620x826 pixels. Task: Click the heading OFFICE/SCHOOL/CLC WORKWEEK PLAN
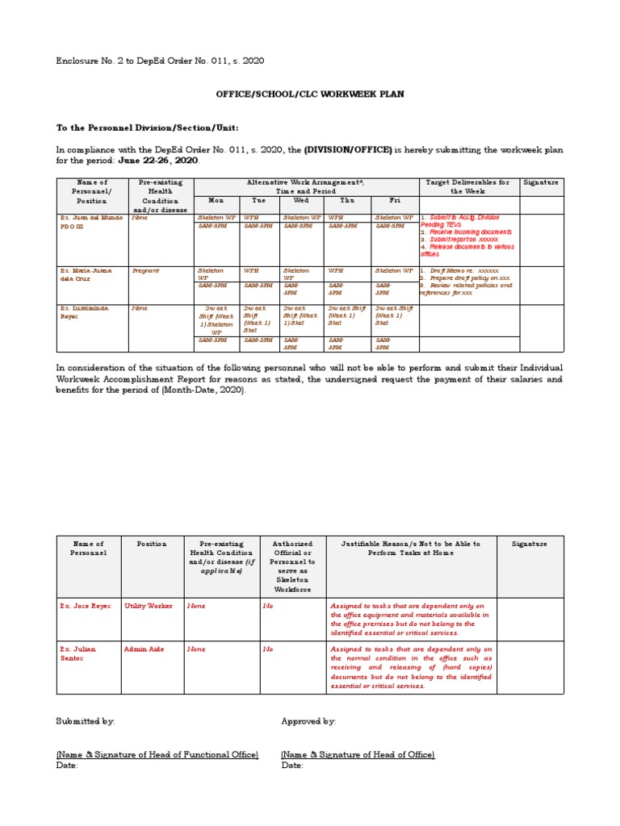310,94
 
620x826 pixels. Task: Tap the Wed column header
301,200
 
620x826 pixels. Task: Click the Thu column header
346,200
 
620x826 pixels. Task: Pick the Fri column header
394,200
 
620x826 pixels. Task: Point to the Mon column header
216,200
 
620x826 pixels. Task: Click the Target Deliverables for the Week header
467,187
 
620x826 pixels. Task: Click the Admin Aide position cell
143,649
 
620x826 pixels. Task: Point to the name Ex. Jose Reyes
83,606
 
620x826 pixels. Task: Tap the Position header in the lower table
151,544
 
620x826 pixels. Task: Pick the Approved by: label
308,721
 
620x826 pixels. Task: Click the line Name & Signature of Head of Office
358,754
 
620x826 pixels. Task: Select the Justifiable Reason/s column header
411,549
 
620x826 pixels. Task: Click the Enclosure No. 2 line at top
159,60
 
